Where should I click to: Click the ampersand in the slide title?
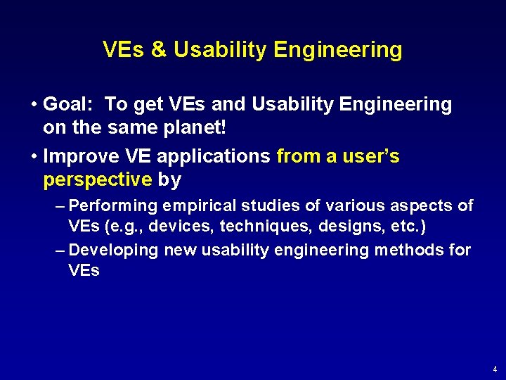(x=157, y=50)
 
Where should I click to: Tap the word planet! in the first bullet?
(x=189, y=128)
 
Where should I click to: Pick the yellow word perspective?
(x=98, y=180)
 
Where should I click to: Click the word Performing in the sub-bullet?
(x=115, y=205)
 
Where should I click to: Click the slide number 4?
(x=495, y=369)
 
